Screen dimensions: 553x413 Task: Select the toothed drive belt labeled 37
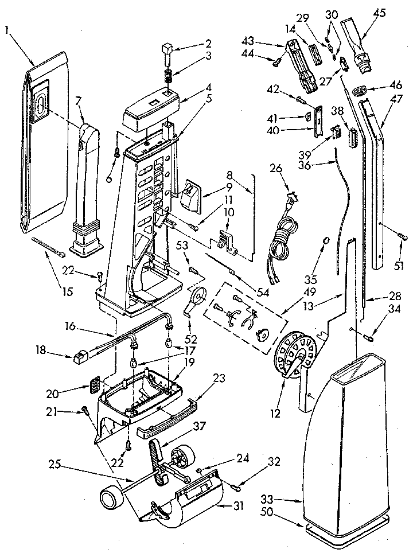tap(156, 456)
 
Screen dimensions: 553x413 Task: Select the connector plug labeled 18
tap(80, 358)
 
